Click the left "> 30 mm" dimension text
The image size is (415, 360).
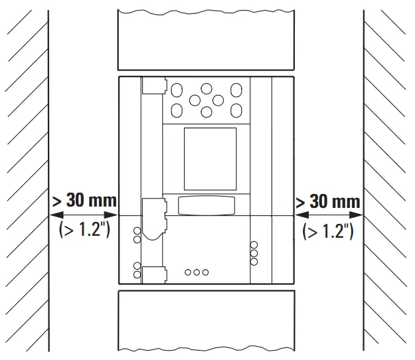pyautogui.click(x=84, y=200)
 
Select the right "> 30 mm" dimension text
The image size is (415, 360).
pyautogui.click(x=328, y=201)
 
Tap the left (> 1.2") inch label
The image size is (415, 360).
pyautogui.click(x=84, y=231)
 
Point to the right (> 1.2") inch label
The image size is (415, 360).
pyautogui.click(x=328, y=231)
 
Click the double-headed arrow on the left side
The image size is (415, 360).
pyautogui.click(x=84, y=215)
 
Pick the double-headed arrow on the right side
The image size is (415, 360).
pyautogui.click(x=328, y=215)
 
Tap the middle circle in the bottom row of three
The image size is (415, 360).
pyautogui.click(x=197, y=272)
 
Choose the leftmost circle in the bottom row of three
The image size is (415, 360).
pyautogui.click(x=188, y=272)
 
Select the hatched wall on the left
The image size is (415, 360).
pyautogui.click(x=24, y=133)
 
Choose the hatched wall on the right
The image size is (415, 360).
pyautogui.click(x=389, y=133)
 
